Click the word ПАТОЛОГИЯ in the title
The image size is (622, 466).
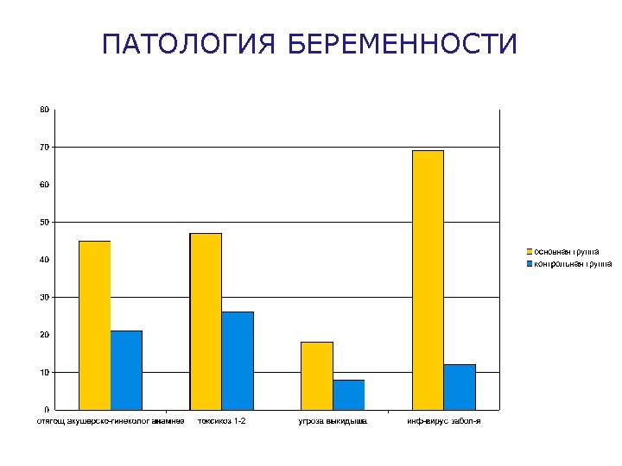(x=188, y=44)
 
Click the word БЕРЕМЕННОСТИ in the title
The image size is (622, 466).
(x=402, y=44)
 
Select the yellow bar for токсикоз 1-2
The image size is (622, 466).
(x=206, y=321)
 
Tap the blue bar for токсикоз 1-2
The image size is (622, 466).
(x=238, y=361)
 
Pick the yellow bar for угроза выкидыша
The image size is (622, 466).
(x=316, y=375)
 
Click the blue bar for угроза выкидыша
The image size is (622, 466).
(x=348, y=394)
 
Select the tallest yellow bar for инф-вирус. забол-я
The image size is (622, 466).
(x=428, y=280)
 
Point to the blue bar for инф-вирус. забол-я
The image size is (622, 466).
(x=460, y=387)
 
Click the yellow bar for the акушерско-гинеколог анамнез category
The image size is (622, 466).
(x=94, y=324)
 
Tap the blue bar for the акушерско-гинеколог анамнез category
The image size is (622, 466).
(x=126, y=369)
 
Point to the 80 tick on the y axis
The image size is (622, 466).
(x=44, y=110)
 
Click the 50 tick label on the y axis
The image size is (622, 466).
(x=44, y=222)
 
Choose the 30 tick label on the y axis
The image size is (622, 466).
(x=44, y=297)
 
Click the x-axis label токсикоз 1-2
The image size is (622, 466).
(x=222, y=421)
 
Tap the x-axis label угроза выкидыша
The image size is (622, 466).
(x=333, y=421)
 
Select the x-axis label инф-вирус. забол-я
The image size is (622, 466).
(x=444, y=421)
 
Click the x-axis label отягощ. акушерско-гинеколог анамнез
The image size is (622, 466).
(x=110, y=421)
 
